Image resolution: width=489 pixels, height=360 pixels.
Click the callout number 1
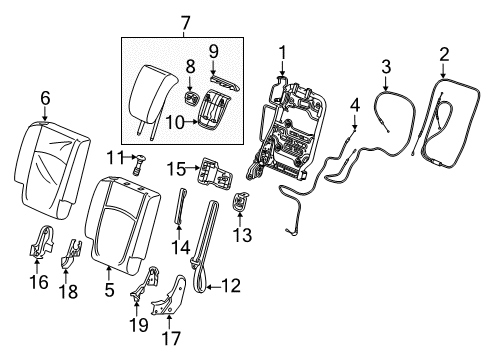tap(282, 52)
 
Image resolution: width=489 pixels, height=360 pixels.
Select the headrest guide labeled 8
tap(190, 99)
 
